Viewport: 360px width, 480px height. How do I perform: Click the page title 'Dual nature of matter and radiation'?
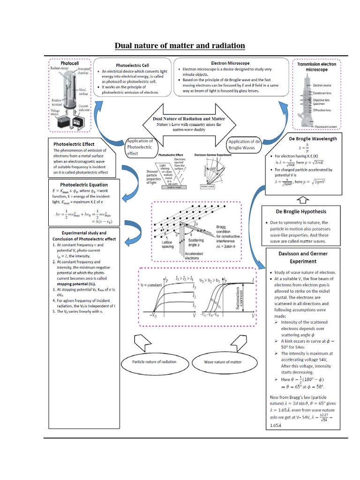tap(180, 45)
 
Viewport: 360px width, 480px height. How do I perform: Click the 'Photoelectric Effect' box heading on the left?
tap(74, 144)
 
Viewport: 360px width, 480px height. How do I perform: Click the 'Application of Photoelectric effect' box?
tap(140, 147)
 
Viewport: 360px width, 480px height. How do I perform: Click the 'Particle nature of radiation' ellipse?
tap(154, 362)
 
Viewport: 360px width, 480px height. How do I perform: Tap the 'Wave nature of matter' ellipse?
tap(223, 362)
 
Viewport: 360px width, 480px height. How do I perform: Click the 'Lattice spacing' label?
tap(167, 244)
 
